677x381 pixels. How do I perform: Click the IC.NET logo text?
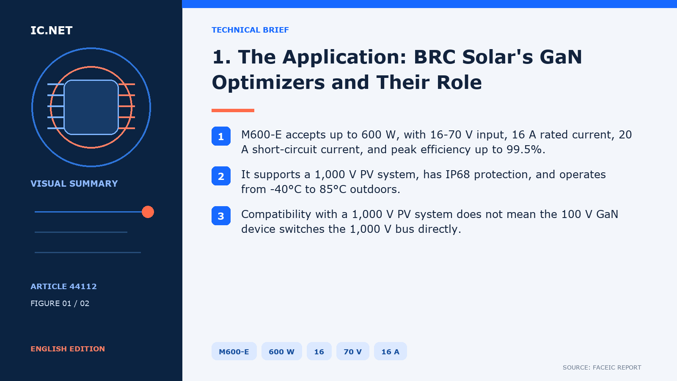tap(51, 30)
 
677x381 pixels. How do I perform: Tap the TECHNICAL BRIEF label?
tap(250, 30)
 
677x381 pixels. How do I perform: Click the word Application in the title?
tap(344, 58)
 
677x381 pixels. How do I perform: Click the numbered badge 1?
tap(221, 136)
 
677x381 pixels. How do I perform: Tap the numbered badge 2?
tap(221, 176)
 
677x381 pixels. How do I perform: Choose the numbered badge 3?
tap(221, 216)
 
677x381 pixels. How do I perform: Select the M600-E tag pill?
tap(234, 351)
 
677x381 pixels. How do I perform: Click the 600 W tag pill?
tap(281, 351)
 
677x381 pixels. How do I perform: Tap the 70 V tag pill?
tap(353, 351)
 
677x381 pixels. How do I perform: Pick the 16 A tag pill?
tap(390, 351)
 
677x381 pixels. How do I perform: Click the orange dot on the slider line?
tap(148, 212)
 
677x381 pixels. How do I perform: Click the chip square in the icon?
tap(91, 108)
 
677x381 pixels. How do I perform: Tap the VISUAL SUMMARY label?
tap(74, 184)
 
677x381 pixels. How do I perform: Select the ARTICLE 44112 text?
tap(63, 286)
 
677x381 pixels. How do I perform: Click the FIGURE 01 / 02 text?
tap(60, 303)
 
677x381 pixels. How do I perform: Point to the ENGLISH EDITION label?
tap(68, 349)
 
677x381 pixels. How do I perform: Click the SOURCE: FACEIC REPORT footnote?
tap(602, 367)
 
